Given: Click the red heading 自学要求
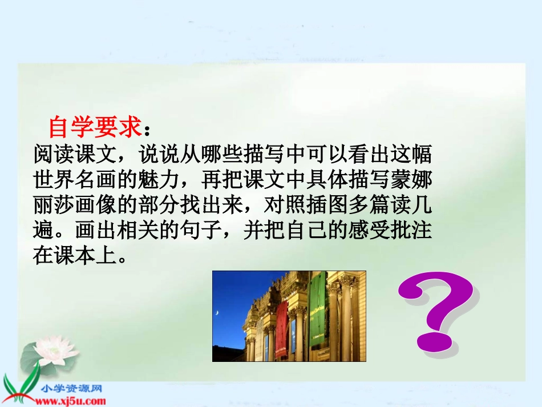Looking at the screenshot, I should (x=94, y=128).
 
